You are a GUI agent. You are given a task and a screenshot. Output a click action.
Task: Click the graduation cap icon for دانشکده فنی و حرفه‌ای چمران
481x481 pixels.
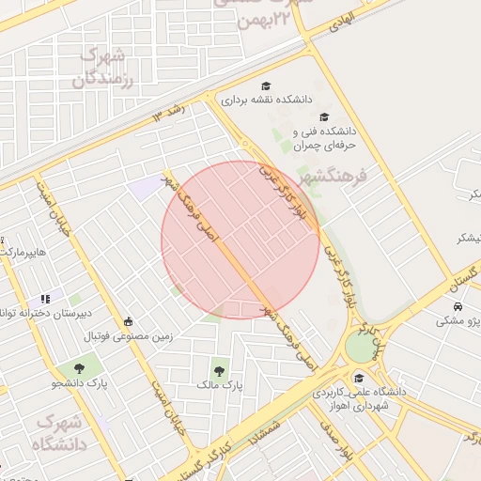pyautogui.click(x=324, y=117)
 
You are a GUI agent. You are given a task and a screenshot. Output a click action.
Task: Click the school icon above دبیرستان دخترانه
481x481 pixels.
pyautogui.click(x=45, y=299)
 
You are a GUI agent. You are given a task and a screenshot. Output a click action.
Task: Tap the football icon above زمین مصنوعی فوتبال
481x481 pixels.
pyautogui.click(x=129, y=320)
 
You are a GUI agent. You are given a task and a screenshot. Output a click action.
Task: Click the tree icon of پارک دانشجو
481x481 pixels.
pyautogui.click(x=78, y=368)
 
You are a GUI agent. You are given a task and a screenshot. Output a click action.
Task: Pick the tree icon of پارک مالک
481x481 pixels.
pyautogui.click(x=220, y=370)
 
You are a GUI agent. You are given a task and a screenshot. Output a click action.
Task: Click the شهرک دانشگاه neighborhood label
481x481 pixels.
pyautogui.click(x=60, y=430)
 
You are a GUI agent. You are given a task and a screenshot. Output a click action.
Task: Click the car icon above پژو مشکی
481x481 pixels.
pyautogui.click(x=458, y=307)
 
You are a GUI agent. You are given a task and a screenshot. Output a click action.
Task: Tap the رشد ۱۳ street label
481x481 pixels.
pyautogui.click(x=170, y=112)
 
